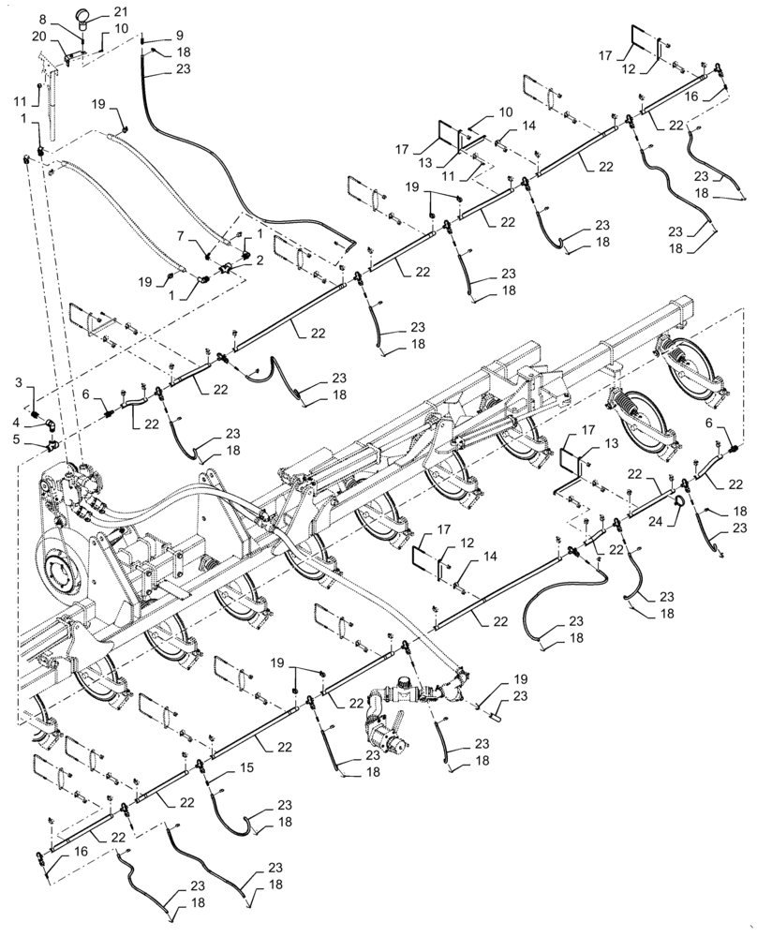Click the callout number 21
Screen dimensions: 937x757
[x=121, y=11]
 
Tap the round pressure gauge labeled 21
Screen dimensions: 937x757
[x=84, y=14]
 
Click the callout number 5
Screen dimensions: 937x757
[x=19, y=439]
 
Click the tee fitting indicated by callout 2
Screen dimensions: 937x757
[x=228, y=271]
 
